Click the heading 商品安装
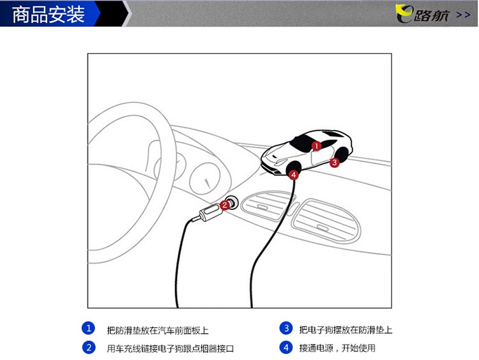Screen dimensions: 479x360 (x=49, y=14)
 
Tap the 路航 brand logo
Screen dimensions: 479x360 (x=423, y=14)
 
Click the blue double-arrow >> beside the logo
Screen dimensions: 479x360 (x=463, y=15)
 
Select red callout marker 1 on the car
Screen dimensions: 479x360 (x=317, y=146)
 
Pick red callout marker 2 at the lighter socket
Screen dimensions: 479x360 (x=225, y=205)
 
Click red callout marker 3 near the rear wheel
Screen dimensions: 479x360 (x=335, y=162)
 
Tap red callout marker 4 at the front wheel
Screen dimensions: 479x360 (x=294, y=175)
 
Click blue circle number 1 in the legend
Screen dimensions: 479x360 (x=89, y=328)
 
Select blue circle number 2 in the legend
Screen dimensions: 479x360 (x=89, y=347)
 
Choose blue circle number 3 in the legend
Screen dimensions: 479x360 (x=286, y=328)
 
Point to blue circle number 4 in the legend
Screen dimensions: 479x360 (x=286, y=347)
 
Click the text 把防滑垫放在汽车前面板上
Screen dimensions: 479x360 (x=158, y=331)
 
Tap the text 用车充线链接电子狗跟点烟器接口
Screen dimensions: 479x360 (x=170, y=349)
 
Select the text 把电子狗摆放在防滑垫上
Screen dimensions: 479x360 (x=346, y=330)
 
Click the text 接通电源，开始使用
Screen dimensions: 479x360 (x=337, y=348)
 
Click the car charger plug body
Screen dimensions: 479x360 (x=209, y=212)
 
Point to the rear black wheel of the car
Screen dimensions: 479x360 (x=343, y=155)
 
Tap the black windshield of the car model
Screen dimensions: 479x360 (x=303, y=144)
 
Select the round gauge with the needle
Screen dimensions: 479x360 (x=205, y=179)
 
